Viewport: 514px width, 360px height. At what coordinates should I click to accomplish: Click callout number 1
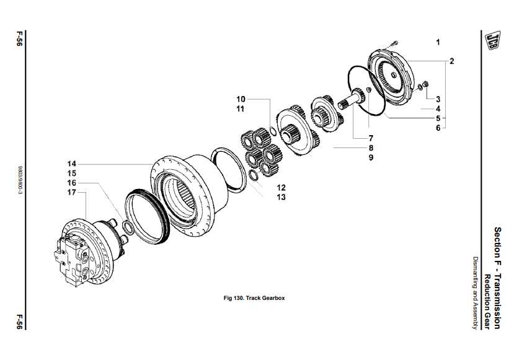(x=438, y=42)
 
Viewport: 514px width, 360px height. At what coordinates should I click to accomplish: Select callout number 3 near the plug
(x=438, y=99)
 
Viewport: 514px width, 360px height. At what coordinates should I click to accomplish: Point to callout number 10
(x=241, y=99)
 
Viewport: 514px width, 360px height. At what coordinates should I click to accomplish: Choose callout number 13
(x=281, y=197)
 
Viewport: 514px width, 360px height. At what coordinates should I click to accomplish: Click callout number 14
(x=72, y=164)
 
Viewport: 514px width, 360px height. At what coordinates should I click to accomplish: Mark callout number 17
(x=72, y=193)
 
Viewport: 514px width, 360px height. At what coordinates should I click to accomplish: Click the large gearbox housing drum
(x=189, y=195)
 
